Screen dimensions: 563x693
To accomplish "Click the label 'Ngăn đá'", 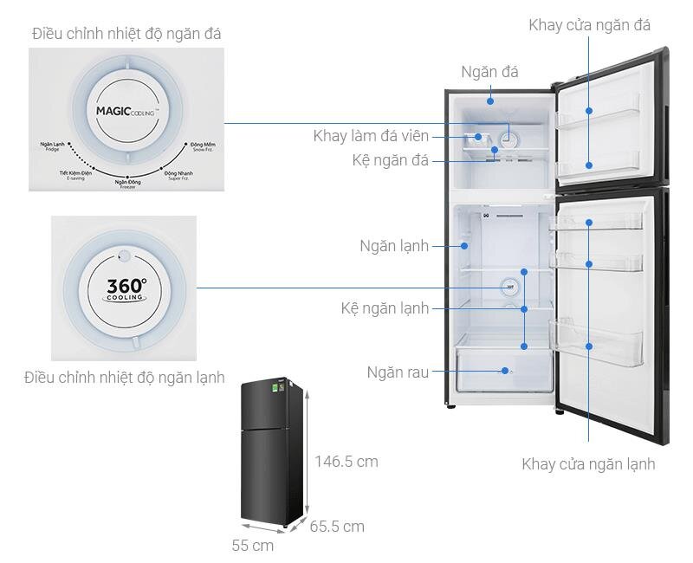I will pos(489,73).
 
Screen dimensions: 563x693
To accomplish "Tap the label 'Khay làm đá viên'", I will pos(379,136).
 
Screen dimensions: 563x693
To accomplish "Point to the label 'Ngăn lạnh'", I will pos(394,246).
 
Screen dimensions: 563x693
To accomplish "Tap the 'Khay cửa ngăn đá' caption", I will pos(589,25).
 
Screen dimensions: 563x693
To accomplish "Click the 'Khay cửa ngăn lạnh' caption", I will pos(588,464).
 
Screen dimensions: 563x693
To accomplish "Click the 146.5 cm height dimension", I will pos(346,462).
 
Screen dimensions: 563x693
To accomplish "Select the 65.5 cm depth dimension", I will pos(337,526).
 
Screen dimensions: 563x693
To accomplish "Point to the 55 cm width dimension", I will pos(253,546).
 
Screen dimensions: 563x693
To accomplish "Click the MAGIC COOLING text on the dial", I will pos(125,112).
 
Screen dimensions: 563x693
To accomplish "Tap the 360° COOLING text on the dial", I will pos(126,289).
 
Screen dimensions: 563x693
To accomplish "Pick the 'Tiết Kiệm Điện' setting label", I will pos(75,174).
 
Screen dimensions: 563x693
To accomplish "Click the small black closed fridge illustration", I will pos(272,451).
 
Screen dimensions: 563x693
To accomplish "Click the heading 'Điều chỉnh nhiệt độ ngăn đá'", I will pos(126,34).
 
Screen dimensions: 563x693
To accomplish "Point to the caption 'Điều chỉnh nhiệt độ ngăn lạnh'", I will pos(125,378).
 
